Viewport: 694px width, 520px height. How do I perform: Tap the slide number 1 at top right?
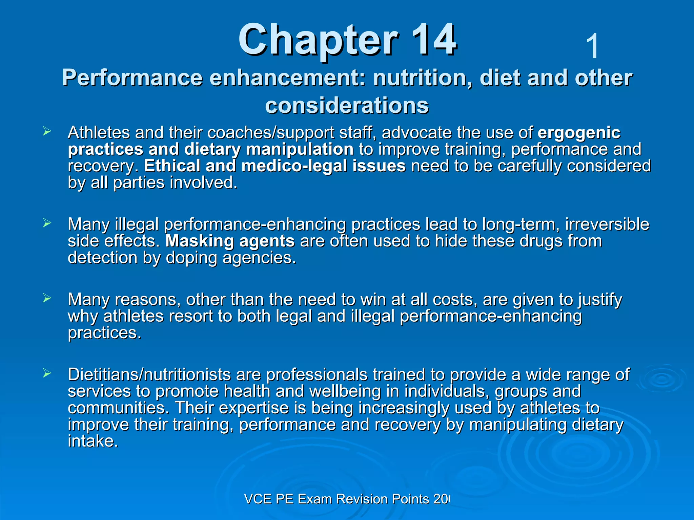[x=592, y=46]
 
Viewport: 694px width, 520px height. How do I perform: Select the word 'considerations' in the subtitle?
[x=347, y=105]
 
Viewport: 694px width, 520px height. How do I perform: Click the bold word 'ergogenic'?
[x=579, y=133]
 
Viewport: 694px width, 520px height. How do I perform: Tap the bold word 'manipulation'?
[x=300, y=149]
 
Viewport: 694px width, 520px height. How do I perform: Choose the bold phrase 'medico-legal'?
[x=295, y=166]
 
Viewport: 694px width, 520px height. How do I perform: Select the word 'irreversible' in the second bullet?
[x=607, y=224]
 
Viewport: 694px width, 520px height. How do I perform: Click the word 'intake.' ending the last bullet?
[x=93, y=441]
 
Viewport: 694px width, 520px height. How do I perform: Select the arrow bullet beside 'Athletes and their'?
[x=47, y=131]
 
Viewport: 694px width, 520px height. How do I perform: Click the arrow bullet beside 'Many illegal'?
[x=47, y=223]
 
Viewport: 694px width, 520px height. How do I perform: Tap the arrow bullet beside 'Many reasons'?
[x=47, y=298]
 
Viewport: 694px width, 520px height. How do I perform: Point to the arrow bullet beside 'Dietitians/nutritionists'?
[x=47, y=373]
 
